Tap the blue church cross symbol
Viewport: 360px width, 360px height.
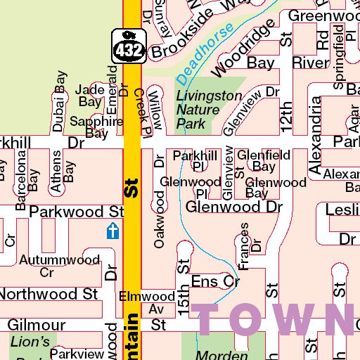tap(112, 231)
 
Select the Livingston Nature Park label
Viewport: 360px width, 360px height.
tap(199, 110)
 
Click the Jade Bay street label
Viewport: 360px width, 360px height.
tap(89, 96)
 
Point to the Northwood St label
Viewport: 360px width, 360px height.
tap(49, 292)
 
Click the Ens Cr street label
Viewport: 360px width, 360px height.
tap(215, 281)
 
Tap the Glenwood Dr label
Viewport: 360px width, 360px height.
tap(233, 207)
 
